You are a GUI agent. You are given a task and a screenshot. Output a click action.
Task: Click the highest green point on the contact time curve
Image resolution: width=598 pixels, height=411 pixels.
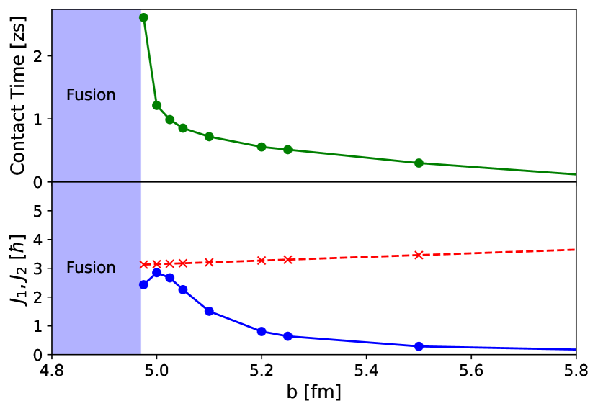(x=143, y=17)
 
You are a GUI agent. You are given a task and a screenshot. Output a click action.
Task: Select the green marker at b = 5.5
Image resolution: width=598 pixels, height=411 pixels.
(x=419, y=163)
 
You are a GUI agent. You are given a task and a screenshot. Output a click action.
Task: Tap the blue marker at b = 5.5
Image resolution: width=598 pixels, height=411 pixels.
(x=419, y=346)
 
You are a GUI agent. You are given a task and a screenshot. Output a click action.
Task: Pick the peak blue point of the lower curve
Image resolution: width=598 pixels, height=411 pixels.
(x=156, y=273)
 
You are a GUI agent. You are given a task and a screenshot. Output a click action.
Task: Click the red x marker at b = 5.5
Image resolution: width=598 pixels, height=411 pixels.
(x=419, y=255)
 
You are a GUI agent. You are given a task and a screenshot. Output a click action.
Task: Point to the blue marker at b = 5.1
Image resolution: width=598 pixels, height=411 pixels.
(x=209, y=311)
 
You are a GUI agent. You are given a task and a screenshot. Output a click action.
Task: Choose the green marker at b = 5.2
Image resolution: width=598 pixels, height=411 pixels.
(x=262, y=147)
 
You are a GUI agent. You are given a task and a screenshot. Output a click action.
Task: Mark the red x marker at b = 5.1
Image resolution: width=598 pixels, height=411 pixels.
(x=209, y=262)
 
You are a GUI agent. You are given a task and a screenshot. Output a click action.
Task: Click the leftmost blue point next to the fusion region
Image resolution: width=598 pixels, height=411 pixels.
(x=143, y=284)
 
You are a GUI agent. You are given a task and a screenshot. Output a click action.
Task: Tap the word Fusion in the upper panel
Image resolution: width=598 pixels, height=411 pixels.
(x=91, y=95)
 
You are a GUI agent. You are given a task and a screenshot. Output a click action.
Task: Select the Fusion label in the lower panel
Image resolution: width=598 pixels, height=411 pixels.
(x=91, y=268)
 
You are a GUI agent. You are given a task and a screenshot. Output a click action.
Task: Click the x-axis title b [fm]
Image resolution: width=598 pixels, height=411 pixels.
(x=313, y=393)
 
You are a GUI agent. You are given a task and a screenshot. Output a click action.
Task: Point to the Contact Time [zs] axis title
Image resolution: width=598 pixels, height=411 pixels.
(x=18, y=95)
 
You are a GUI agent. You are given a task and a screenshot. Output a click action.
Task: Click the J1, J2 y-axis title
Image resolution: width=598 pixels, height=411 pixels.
(x=18, y=268)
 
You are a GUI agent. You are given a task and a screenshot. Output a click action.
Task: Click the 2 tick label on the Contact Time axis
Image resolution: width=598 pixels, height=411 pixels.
(x=40, y=56)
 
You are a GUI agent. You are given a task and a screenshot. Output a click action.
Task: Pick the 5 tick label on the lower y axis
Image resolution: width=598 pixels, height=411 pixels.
(x=40, y=211)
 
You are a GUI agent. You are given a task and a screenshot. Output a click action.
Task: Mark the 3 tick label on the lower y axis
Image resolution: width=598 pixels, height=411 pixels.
(x=40, y=268)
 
